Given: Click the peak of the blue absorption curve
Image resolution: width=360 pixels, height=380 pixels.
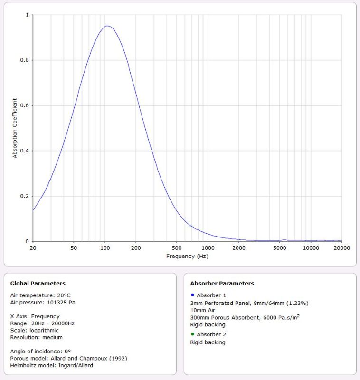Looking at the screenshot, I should (107, 26).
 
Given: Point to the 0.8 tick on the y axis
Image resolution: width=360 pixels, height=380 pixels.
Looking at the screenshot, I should (27, 60).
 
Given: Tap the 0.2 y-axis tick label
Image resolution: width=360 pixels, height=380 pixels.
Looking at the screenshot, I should (27, 196).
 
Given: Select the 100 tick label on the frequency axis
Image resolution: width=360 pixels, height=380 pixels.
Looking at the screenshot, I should (104, 248).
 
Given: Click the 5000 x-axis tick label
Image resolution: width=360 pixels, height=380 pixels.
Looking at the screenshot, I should (280, 248).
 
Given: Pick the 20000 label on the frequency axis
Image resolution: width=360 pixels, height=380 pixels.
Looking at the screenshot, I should (341, 248).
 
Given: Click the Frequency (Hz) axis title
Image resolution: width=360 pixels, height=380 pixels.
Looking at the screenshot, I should (187, 256).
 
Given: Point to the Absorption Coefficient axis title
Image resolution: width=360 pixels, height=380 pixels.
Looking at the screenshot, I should (15, 128).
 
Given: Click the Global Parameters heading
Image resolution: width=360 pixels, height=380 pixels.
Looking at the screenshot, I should (38, 284).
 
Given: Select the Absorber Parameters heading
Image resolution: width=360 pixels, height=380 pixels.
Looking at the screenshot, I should (222, 284).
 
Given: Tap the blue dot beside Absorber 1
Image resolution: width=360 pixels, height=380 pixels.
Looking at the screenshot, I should (192, 295).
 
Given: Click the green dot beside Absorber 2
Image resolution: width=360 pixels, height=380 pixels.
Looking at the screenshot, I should (192, 334).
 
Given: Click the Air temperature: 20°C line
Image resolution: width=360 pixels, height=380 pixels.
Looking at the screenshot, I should (40, 295).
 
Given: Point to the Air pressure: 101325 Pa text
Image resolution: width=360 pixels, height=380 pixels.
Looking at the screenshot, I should (43, 302).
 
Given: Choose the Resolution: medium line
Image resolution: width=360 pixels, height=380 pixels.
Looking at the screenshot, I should (37, 337).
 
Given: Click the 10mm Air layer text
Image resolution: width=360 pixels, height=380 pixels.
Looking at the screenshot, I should (203, 310).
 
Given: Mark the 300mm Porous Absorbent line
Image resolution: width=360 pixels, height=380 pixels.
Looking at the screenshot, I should (245, 317).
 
